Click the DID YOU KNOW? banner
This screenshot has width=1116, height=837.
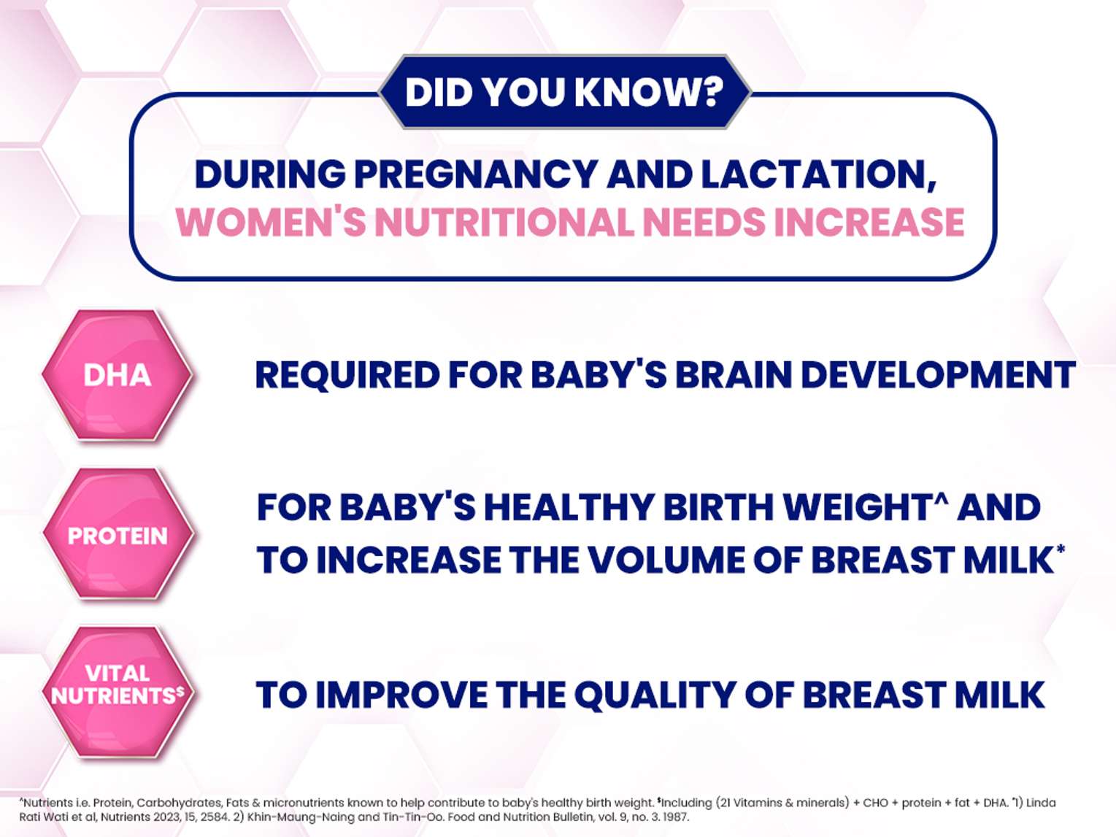[x=564, y=92]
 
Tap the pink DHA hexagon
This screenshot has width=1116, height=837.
[x=118, y=375]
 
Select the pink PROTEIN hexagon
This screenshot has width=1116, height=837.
[x=118, y=535]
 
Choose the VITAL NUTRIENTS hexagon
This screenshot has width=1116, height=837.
[x=118, y=693]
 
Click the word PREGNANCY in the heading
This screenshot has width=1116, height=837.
[x=475, y=174]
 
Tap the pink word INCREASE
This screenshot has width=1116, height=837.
[x=869, y=222]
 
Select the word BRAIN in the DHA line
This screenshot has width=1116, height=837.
[x=732, y=374]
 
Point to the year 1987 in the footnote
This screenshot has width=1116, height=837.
[x=676, y=817]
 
